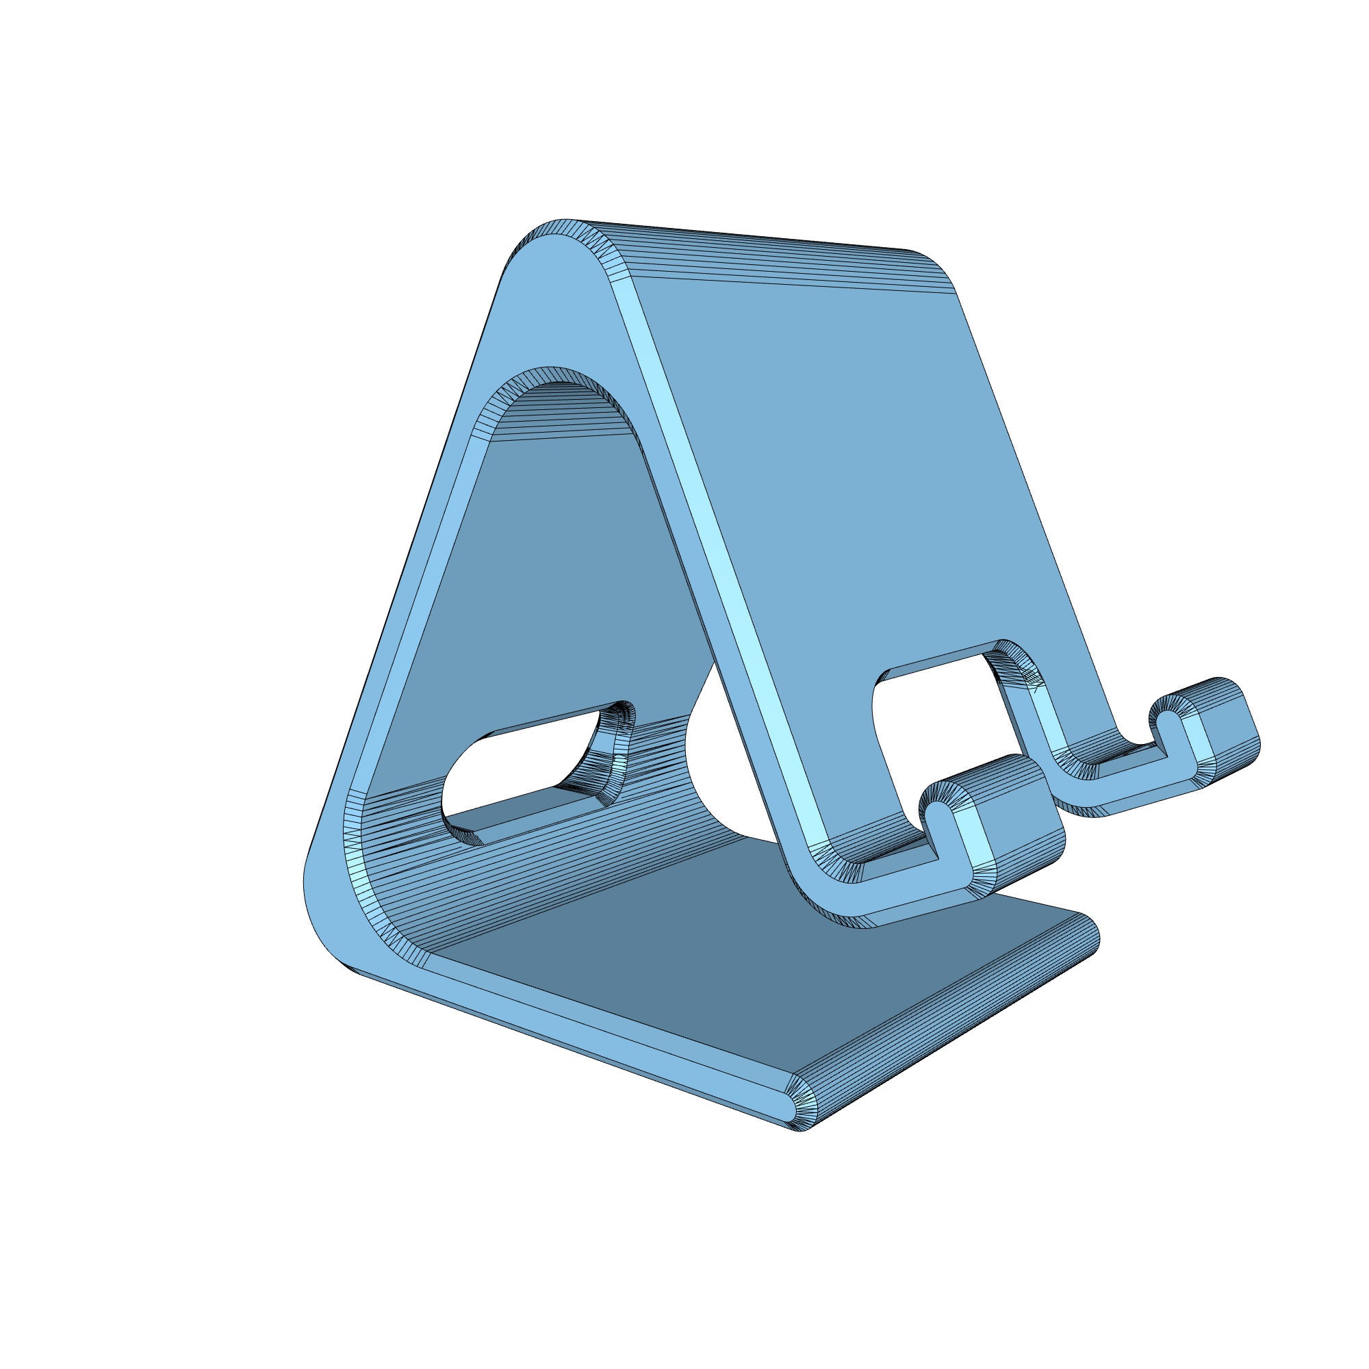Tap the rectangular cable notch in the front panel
pyautogui.click(x=935, y=716)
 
